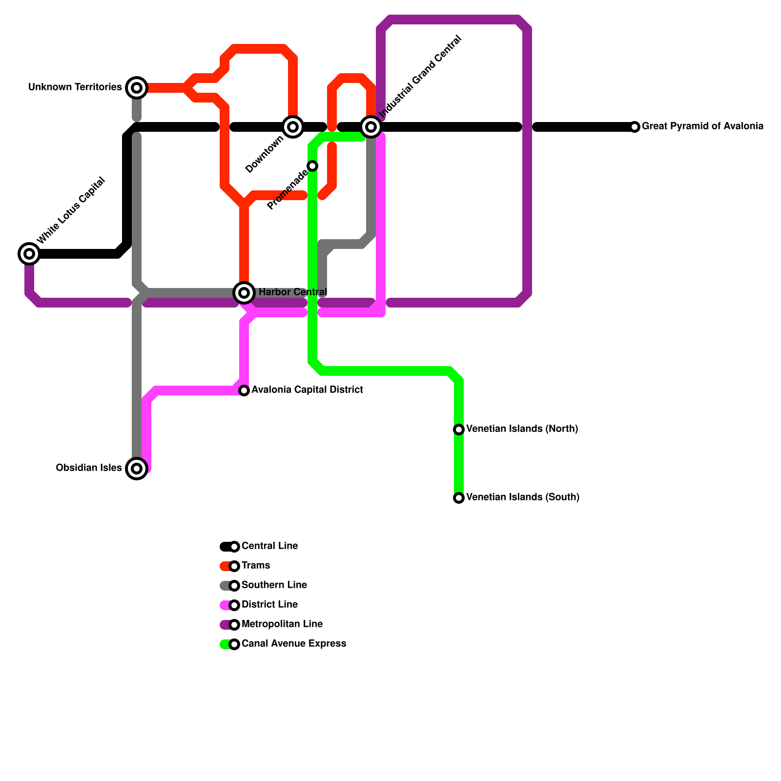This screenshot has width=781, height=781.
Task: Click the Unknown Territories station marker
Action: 137,88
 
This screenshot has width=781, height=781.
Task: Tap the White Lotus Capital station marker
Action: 29,254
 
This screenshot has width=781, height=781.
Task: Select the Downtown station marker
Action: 293,127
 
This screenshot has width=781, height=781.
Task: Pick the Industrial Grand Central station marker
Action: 371,127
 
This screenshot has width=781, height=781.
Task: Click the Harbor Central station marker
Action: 244,293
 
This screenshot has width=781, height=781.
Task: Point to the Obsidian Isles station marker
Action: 137,469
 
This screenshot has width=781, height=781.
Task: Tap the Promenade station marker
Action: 312,166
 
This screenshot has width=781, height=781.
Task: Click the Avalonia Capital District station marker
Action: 244,390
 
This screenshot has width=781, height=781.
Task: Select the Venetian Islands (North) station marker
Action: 459,430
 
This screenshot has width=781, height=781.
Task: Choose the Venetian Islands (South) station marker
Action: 459,498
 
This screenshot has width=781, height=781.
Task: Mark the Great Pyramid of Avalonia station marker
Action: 635,127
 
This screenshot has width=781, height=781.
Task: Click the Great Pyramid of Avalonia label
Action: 702,126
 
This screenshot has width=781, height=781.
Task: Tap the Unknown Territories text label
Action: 75,87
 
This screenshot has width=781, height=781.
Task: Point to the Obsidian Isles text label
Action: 89,468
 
